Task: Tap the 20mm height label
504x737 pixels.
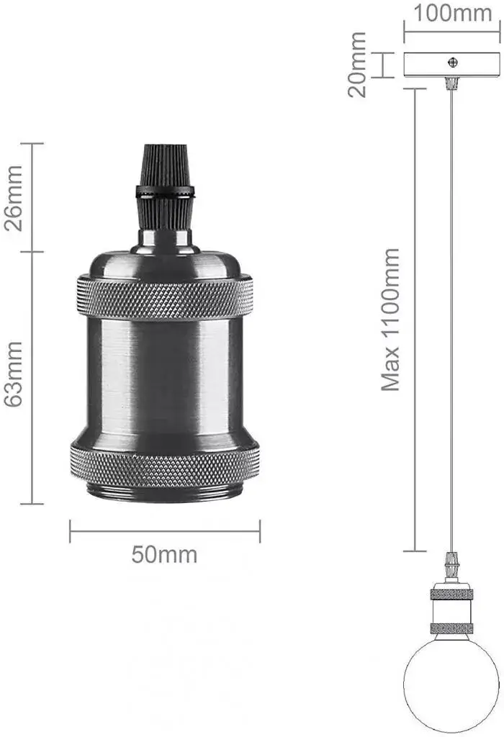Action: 357,64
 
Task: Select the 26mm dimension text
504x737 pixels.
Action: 13,198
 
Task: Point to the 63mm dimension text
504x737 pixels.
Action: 13,374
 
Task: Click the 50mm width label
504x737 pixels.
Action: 164,555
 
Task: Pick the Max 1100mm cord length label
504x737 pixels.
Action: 390,320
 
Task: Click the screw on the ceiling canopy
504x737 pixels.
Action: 453,61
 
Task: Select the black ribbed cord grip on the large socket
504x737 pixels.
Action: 165,188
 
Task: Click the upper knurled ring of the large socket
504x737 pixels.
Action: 165,297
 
